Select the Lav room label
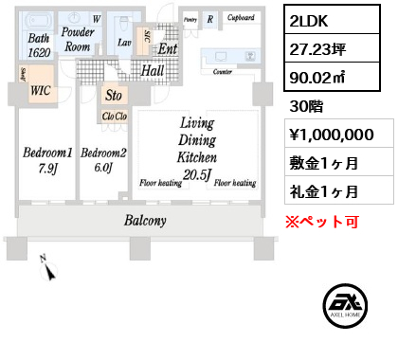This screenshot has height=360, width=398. tap(124, 42)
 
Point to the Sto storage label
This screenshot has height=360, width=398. tap(114, 95)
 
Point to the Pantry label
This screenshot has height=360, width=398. tap(190, 17)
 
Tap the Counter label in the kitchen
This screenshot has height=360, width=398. tap(224, 72)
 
